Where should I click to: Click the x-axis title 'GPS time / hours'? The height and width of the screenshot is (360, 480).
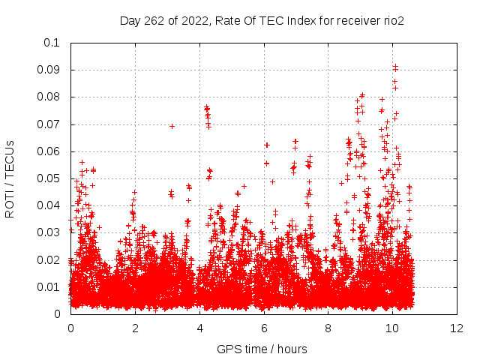262,349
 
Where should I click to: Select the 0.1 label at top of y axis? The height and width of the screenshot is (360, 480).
53,43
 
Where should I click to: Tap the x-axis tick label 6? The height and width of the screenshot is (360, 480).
264,328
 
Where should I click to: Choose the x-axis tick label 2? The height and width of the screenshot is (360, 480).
135,328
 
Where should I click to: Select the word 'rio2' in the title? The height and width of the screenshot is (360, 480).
392,21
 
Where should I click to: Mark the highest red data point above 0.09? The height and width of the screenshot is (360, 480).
395,66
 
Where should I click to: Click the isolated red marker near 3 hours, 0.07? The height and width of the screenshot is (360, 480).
172,126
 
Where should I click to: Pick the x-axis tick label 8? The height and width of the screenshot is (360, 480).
328,328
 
